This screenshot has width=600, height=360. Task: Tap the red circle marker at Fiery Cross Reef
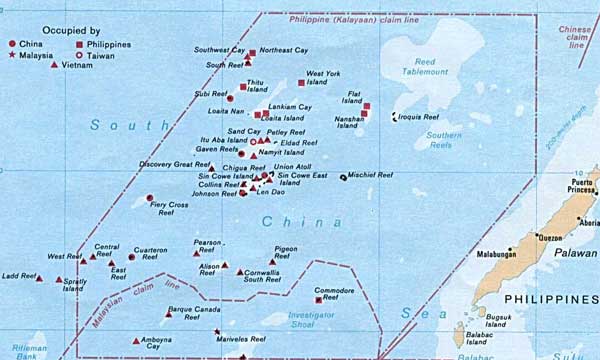pos(150,198)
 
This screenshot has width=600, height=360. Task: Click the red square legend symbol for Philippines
pos(79,45)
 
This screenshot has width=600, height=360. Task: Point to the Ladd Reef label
pos(19,275)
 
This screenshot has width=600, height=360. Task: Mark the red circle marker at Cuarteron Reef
pos(132,257)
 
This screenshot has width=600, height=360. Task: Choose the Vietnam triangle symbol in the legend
pos(53,66)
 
